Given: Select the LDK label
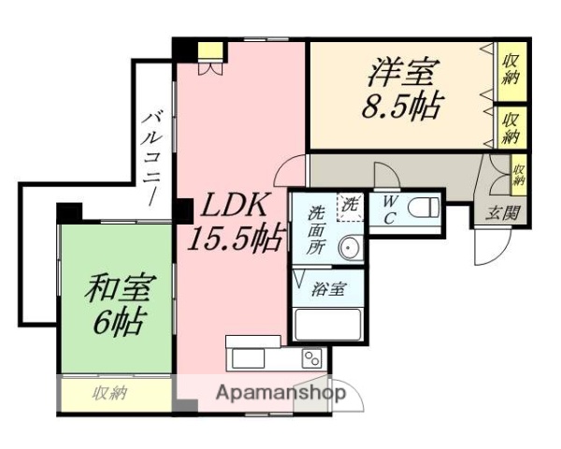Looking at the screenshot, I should click(233, 206).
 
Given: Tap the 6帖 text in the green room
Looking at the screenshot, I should click(117, 323).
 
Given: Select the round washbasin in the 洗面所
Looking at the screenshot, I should click(348, 249).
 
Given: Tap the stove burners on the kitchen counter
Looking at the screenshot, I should click(312, 358).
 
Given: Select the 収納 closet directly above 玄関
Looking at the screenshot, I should click(518, 174).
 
